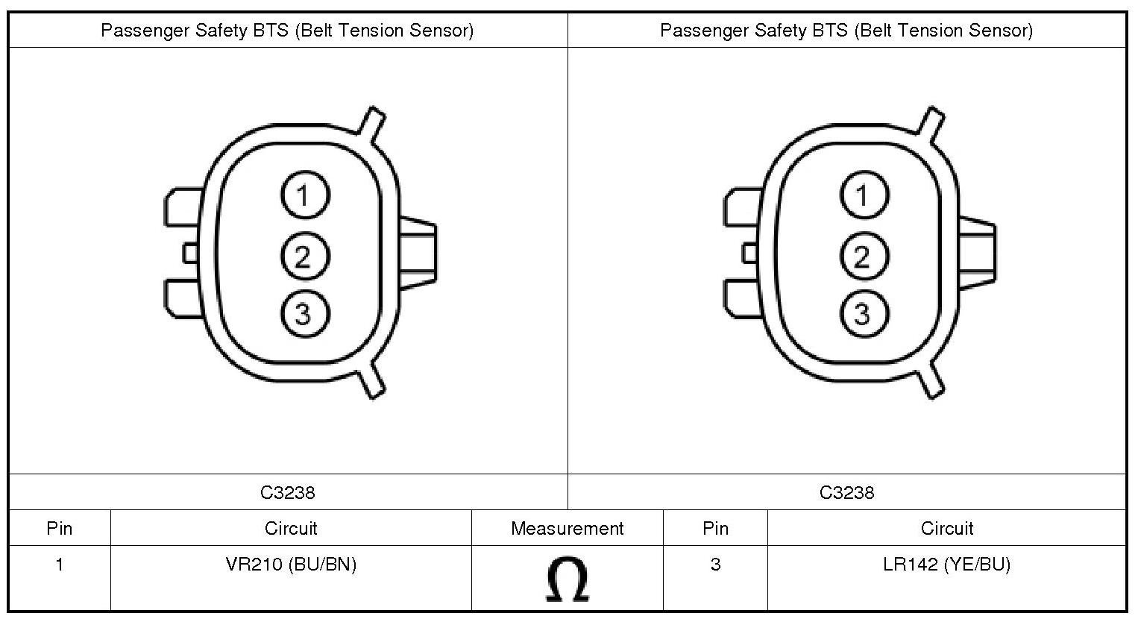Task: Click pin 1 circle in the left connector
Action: (305, 195)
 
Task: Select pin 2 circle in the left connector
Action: (305, 256)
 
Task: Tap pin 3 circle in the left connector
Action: (305, 313)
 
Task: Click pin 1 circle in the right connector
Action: (864, 195)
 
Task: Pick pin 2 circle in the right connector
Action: (864, 256)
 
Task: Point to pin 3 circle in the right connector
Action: (864, 313)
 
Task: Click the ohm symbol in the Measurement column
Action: (568, 579)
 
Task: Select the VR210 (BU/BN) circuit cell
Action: (291, 564)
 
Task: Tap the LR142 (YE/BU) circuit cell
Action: (947, 564)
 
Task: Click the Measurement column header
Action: (567, 529)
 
